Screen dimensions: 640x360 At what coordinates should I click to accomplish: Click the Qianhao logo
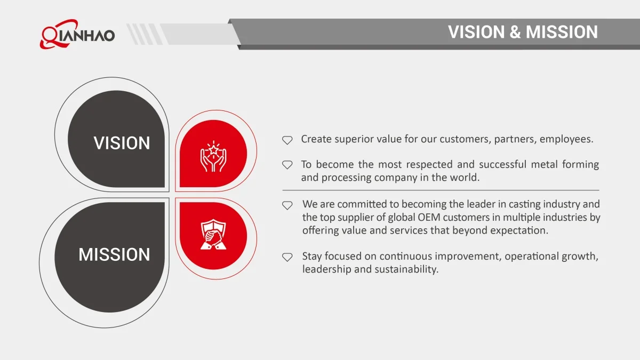point(77,34)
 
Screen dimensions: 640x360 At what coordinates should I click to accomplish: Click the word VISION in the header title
point(476,31)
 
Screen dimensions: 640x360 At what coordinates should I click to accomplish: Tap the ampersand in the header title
point(515,31)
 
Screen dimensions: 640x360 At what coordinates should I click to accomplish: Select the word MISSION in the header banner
point(562,31)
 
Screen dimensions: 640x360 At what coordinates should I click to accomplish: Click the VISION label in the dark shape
point(122,143)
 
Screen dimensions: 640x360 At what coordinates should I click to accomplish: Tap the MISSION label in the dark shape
point(114,254)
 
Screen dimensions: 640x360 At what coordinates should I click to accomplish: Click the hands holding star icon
point(213,156)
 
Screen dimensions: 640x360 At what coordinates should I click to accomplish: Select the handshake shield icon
point(213,234)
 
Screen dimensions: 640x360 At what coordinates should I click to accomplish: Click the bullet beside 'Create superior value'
point(287,140)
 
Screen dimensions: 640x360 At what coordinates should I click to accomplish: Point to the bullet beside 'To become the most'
point(287,165)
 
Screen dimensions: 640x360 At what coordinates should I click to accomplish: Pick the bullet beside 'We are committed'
point(287,205)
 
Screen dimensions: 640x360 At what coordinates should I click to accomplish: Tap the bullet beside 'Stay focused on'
point(287,257)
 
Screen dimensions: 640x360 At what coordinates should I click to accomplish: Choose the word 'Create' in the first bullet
point(316,139)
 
